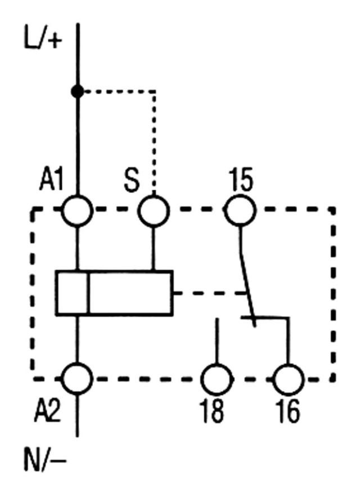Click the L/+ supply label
(x=43, y=41)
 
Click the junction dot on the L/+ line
(x=78, y=91)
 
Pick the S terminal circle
(x=154, y=210)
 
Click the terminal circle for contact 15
(x=240, y=210)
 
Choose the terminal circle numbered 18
(x=217, y=380)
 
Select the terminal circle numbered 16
(x=288, y=380)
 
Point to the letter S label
(x=131, y=181)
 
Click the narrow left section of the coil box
(x=72, y=293)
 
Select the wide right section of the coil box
(x=130, y=293)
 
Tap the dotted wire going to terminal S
(x=155, y=135)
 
